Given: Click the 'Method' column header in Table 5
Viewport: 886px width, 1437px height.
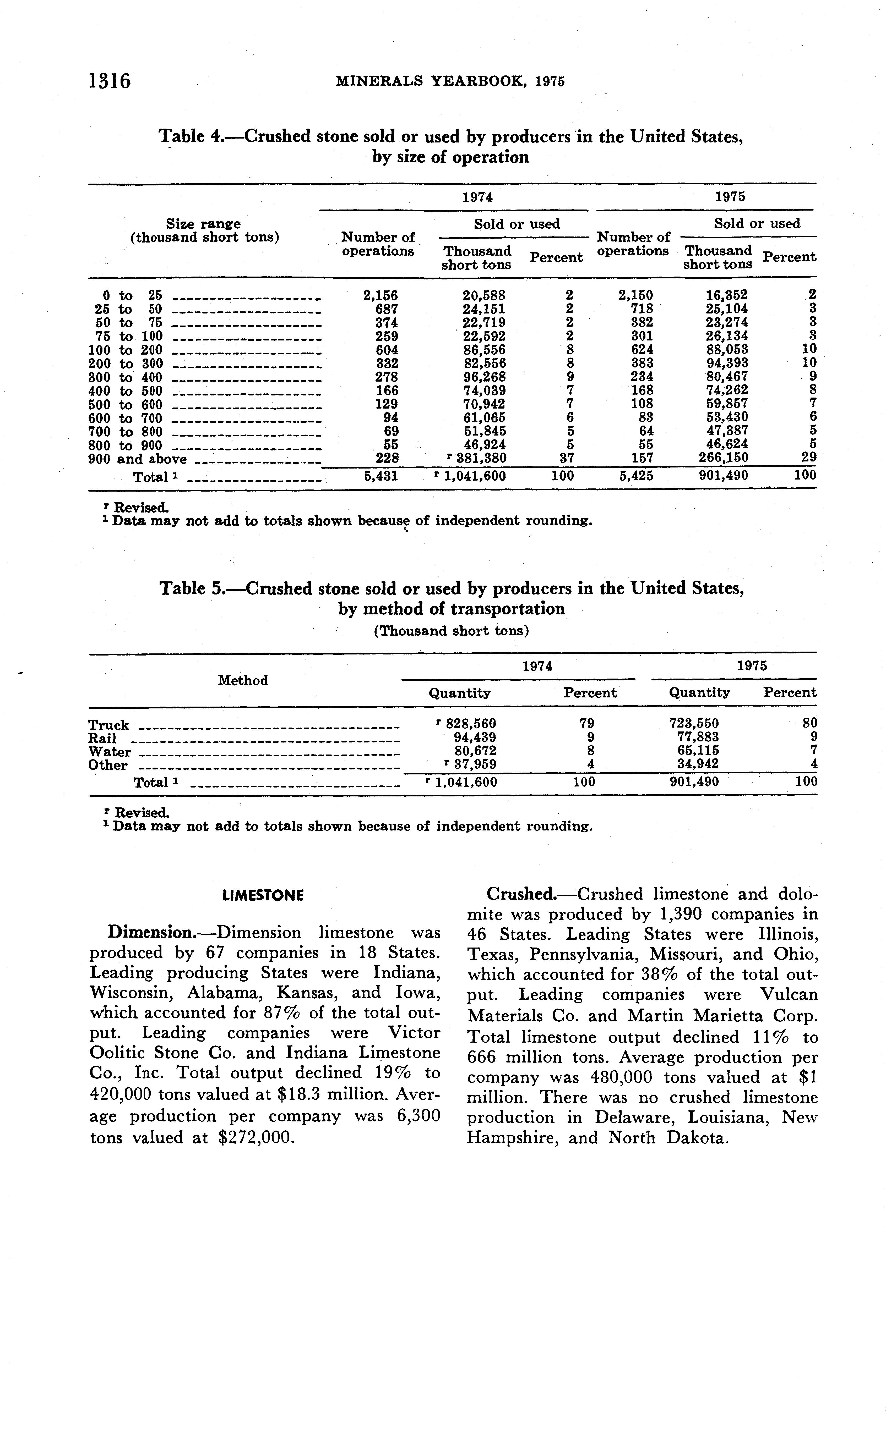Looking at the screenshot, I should click(x=243, y=680).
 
